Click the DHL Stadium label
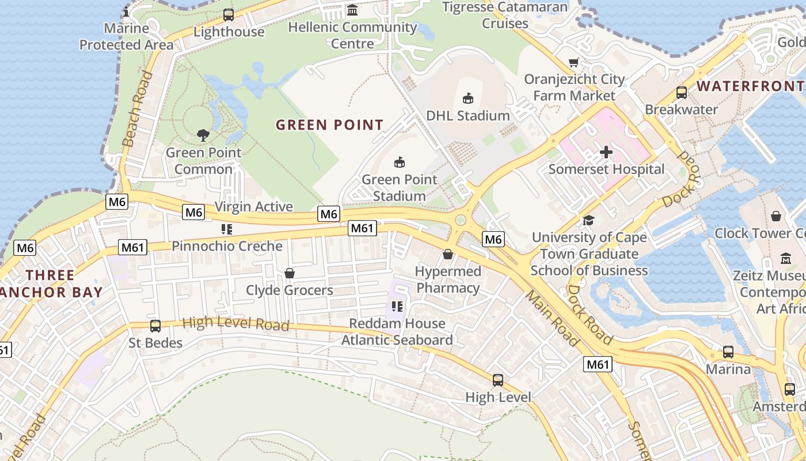tap(467, 116)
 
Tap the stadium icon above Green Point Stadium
tap(400, 162)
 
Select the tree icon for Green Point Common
tap(203, 135)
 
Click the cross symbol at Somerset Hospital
tap(606, 152)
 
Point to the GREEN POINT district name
tap(329, 125)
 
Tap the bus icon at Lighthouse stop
tap(229, 15)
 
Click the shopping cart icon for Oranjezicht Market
tap(573, 62)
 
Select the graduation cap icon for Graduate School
tap(588, 220)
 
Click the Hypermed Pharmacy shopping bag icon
tap(448, 254)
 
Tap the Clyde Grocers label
tap(290, 290)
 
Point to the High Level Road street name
tap(235, 323)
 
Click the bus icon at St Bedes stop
tap(155, 326)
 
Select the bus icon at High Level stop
tap(498, 380)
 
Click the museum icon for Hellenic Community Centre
tap(352, 10)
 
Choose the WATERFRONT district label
tap(750, 86)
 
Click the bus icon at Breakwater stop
tap(682, 92)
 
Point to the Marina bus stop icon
tap(728, 352)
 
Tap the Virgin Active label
tap(253, 206)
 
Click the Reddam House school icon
tap(397, 307)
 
